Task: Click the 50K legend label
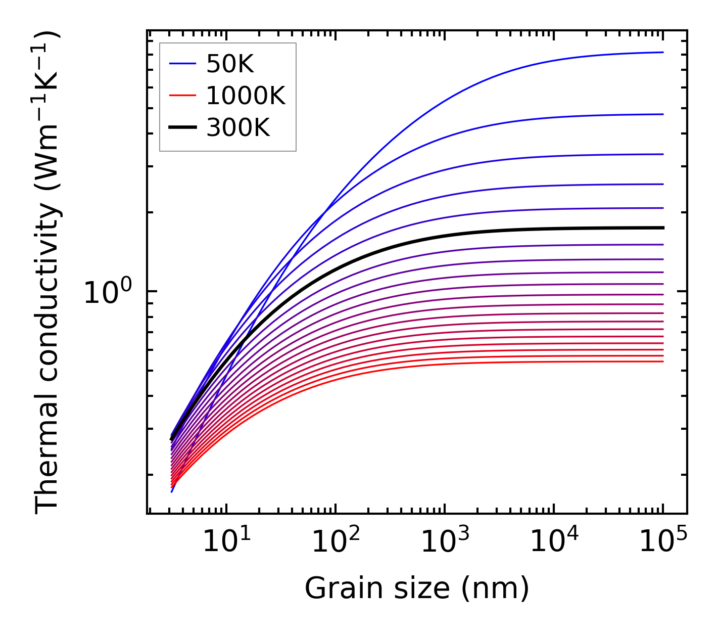(x=230, y=64)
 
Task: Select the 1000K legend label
(x=246, y=96)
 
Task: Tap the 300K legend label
(x=238, y=128)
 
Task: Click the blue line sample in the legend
(x=182, y=64)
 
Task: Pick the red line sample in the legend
(x=182, y=96)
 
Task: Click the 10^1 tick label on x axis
(x=226, y=542)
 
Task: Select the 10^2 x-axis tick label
(x=336, y=542)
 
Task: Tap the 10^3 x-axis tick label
(x=445, y=542)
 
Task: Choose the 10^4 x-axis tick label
(x=554, y=542)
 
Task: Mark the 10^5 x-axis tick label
(x=663, y=542)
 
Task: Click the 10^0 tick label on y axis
(x=108, y=293)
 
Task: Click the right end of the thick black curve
(x=662, y=228)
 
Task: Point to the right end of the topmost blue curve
(x=662, y=52)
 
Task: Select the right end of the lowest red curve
(x=662, y=361)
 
